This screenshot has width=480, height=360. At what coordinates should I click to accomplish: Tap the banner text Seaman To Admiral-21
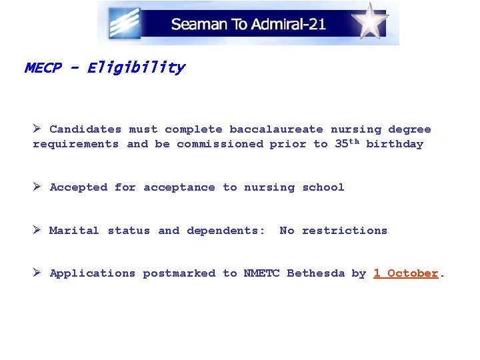coord(248,25)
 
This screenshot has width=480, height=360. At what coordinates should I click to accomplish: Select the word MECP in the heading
coord(43,68)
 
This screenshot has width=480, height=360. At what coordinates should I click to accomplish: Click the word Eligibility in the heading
coord(135,68)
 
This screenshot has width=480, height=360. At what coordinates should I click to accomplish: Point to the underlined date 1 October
coord(405,273)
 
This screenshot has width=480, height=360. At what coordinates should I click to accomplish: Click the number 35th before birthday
coord(347,143)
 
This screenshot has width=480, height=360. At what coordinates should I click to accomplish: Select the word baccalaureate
coord(276,129)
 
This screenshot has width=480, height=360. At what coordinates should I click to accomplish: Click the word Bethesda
coord(316,273)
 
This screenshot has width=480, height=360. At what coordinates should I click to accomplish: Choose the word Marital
coord(75,231)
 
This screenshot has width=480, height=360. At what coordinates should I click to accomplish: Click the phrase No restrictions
coord(333,231)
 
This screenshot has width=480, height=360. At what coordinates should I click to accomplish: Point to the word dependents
coord(225,231)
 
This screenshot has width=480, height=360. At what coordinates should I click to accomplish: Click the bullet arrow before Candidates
coord(38,129)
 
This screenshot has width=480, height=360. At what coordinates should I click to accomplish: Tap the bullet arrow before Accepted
coord(38,187)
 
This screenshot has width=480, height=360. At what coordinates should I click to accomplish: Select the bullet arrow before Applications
coord(38,273)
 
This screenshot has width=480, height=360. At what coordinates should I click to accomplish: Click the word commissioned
coord(220,144)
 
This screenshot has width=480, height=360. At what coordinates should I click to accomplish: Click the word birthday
coord(395,144)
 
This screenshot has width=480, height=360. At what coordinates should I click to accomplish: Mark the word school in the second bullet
coord(323,188)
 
